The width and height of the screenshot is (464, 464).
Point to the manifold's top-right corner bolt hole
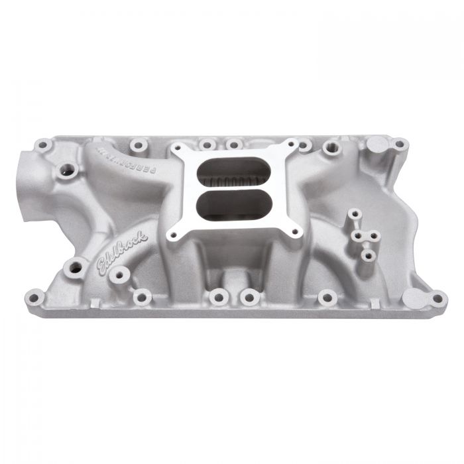coord(399,144)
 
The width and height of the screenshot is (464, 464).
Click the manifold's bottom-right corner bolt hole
coord(438,299)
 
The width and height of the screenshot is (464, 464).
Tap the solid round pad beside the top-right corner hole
coord(375,143)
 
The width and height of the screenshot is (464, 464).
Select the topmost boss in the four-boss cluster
coord(355,214)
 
